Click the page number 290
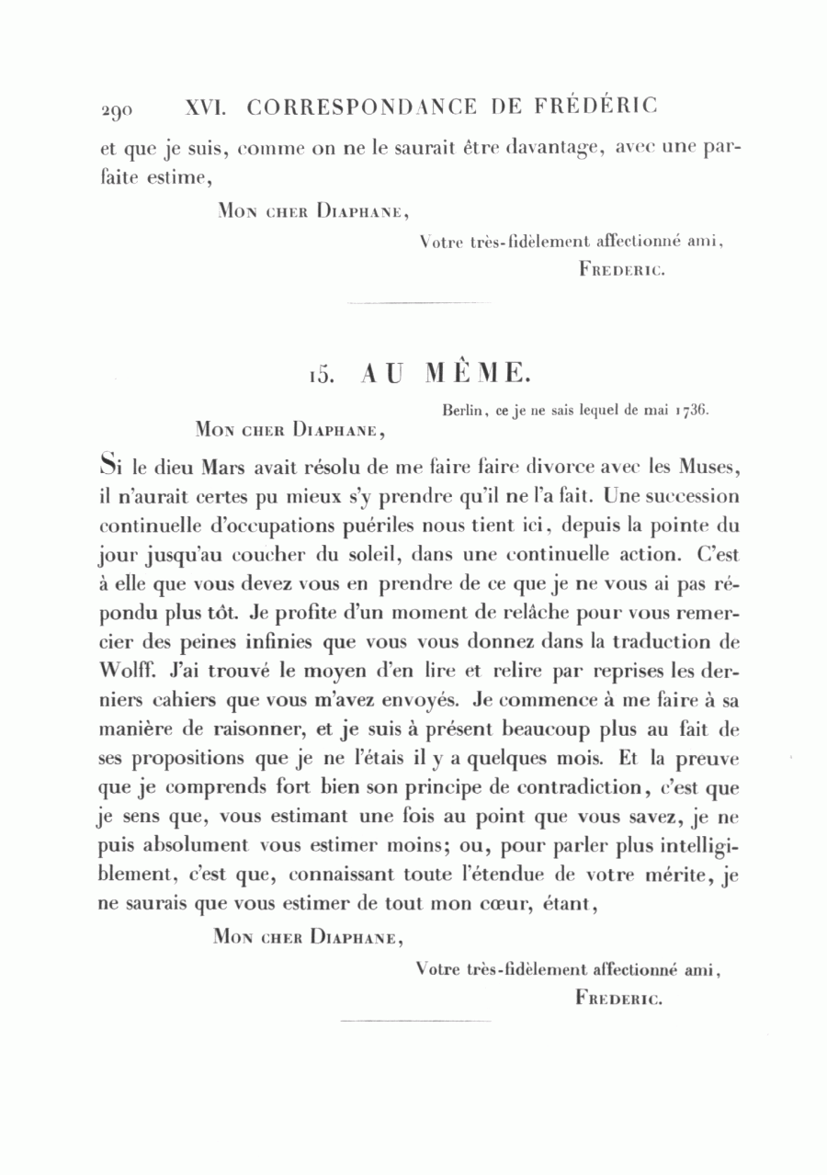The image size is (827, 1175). click(117, 110)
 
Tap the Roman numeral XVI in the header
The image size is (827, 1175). click(206, 107)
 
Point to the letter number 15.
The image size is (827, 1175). click(319, 374)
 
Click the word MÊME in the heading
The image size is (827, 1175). click(477, 373)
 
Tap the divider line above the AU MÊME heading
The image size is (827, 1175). click(421, 302)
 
